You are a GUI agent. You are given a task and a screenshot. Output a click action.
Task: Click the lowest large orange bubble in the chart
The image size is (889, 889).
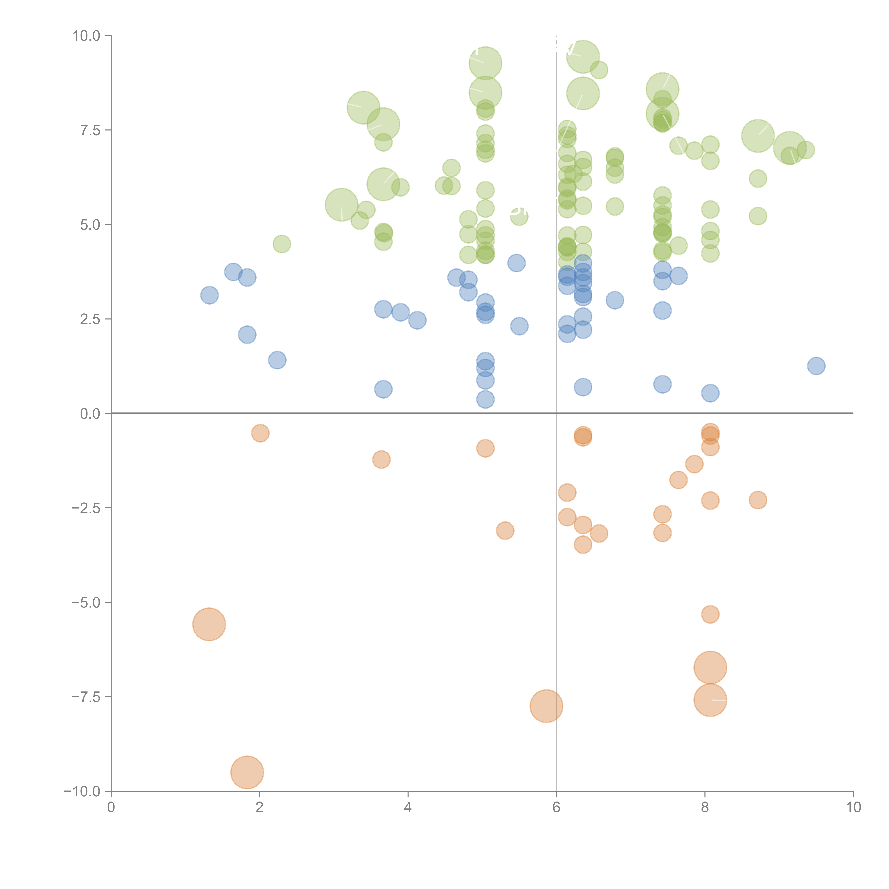(x=247, y=772)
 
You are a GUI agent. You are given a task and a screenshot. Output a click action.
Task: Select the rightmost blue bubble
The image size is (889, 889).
(x=816, y=366)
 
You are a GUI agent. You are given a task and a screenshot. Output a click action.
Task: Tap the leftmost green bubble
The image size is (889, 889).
(x=282, y=244)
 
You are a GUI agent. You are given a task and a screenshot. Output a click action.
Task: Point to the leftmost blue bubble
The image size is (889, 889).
(x=209, y=295)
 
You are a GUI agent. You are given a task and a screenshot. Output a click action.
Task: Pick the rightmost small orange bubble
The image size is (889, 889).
(x=758, y=500)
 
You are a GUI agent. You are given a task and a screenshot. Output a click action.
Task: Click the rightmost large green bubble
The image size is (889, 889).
(x=790, y=147)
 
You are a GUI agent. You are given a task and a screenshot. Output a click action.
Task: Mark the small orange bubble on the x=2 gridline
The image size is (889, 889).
(x=260, y=433)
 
